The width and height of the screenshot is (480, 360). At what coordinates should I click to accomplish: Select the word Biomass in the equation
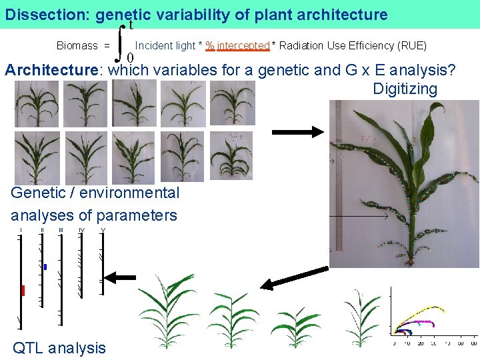77,46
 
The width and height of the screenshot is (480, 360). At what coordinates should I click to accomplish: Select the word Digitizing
405,89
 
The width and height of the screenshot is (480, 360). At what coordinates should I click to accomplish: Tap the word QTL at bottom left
29,348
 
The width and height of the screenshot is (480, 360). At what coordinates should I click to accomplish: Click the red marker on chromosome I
23,291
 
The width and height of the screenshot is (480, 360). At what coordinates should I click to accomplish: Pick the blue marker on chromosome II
45,267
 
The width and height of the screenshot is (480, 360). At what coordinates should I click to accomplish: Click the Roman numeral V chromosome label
103,231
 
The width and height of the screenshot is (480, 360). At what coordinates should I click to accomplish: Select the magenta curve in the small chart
420,322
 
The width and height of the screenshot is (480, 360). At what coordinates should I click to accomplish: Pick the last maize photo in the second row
231,156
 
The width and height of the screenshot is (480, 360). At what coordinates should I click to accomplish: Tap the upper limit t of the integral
132,25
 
